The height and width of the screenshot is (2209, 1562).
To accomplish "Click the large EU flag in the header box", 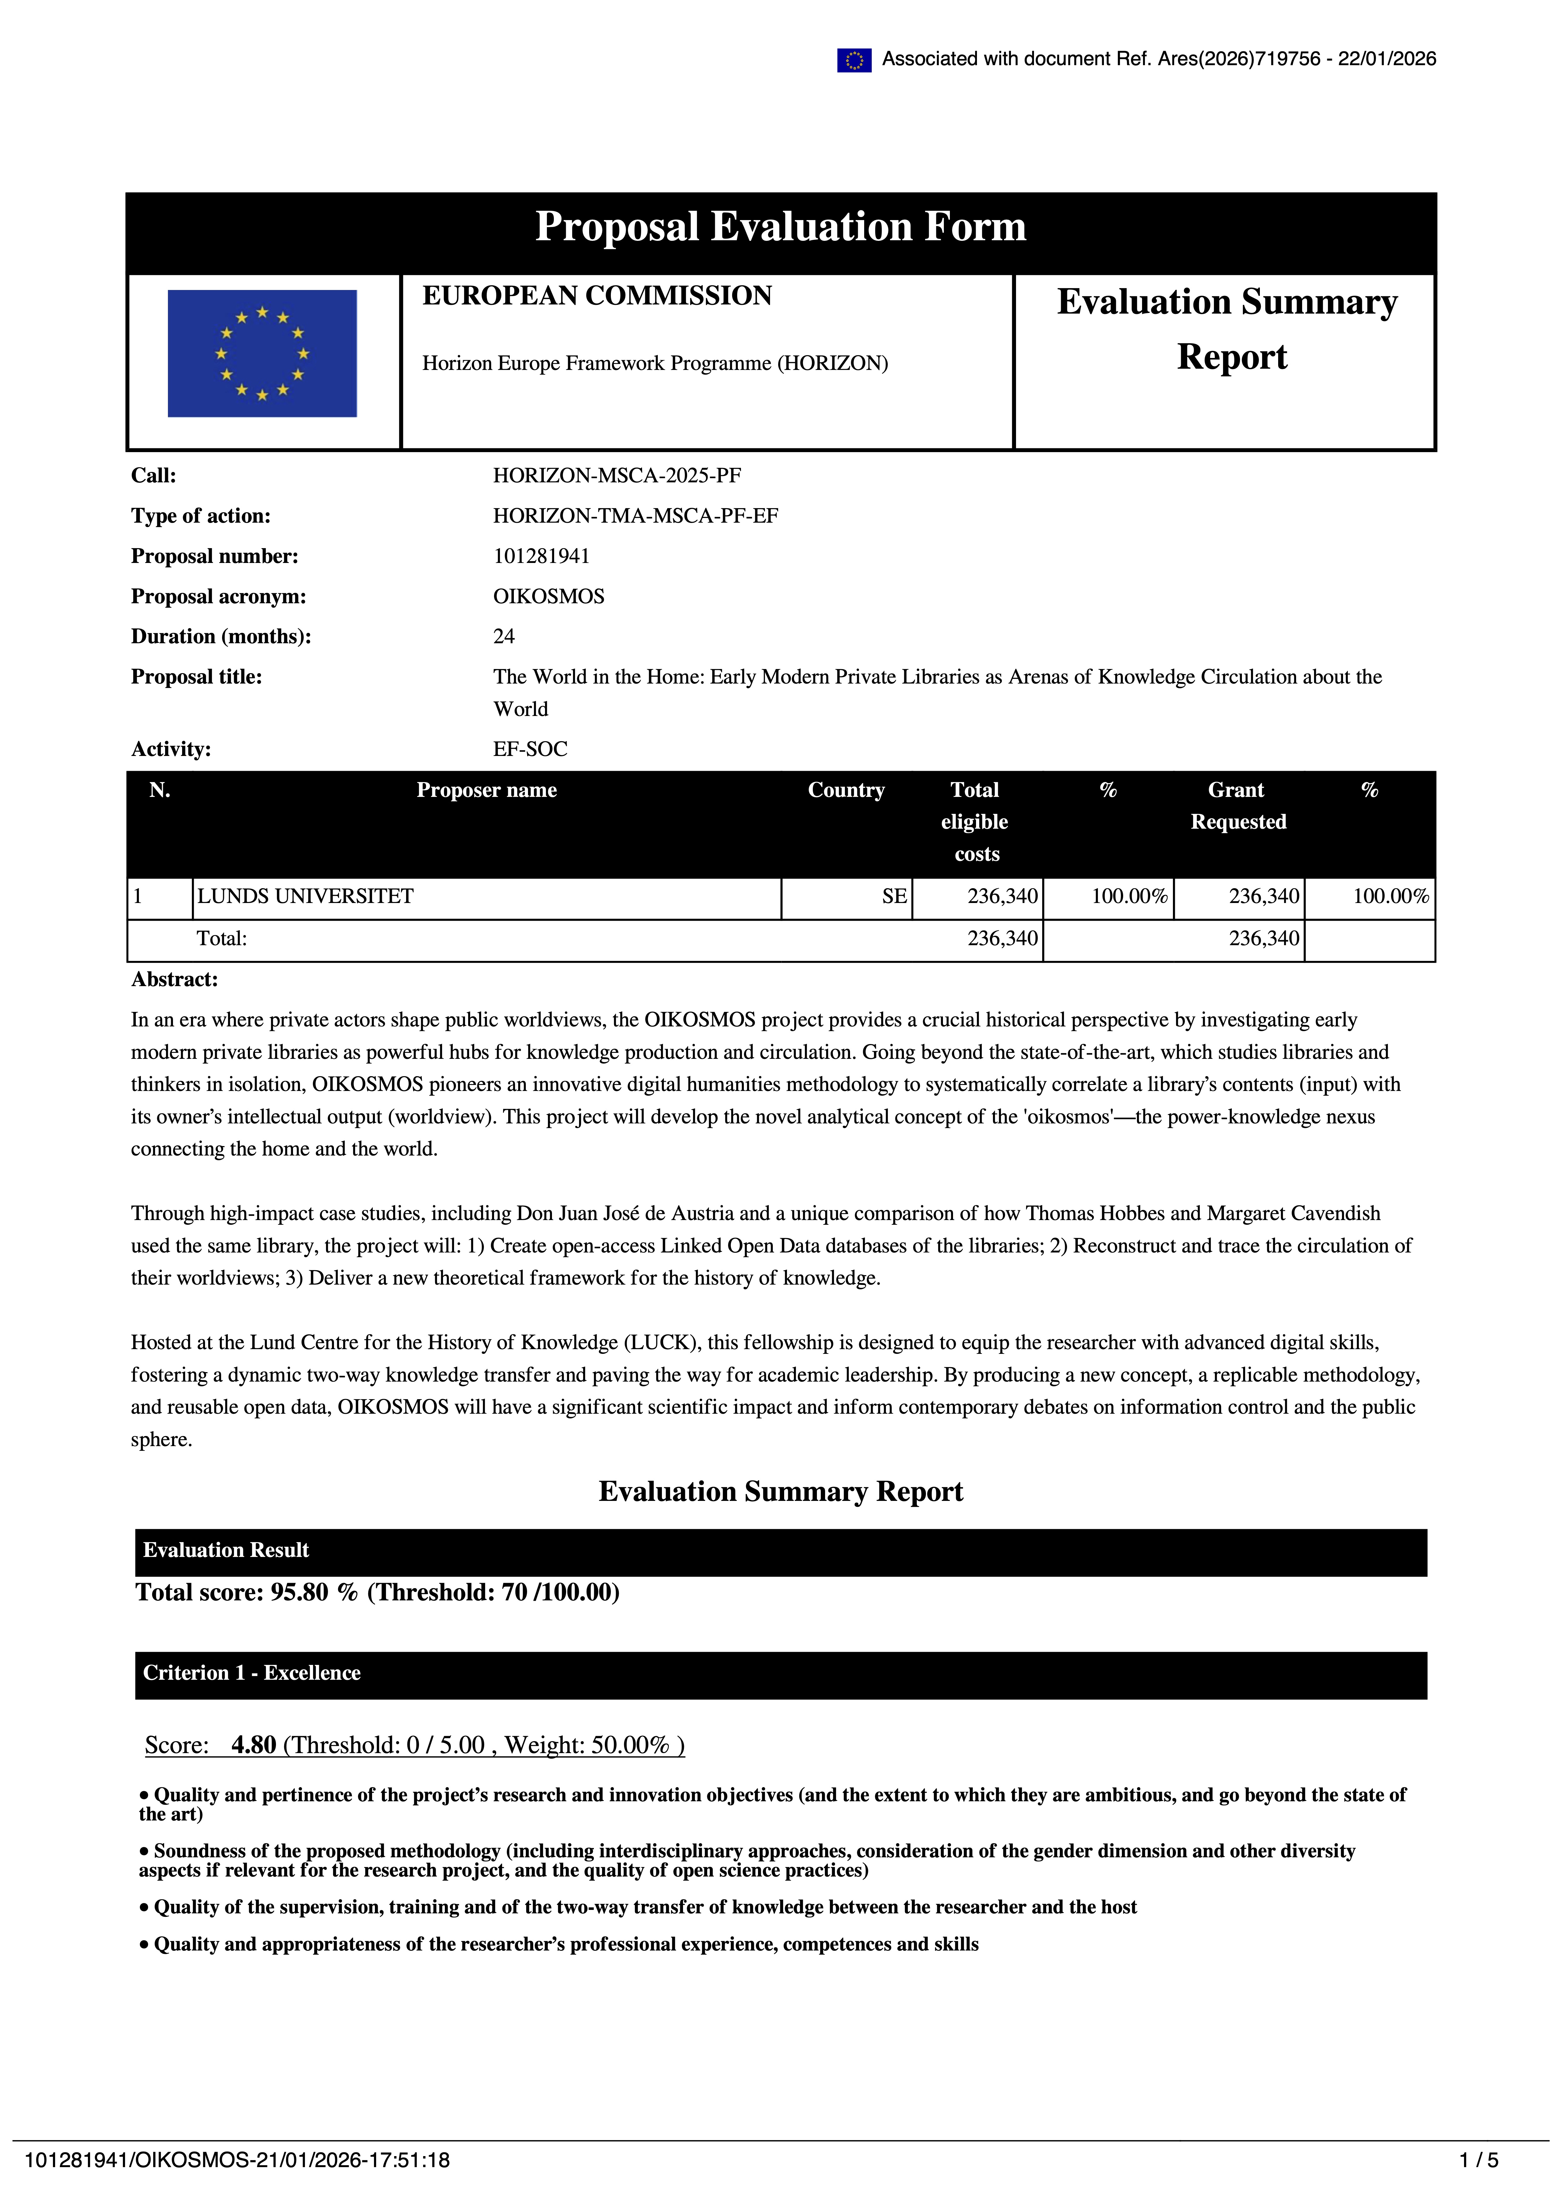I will click(262, 353).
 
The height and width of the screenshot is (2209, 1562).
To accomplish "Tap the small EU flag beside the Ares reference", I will click(854, 60).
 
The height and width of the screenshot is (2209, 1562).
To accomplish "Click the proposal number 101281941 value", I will click(541, 556).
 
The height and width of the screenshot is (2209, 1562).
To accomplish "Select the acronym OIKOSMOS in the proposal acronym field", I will click(548, 597).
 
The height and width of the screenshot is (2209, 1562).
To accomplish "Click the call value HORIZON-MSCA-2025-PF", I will click(617, 475).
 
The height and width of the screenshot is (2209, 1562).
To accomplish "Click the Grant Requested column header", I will click(1238, 806).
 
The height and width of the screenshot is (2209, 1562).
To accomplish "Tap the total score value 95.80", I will click(299, 1592).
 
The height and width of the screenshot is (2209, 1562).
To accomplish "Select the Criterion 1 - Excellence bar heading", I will click(252, 1673).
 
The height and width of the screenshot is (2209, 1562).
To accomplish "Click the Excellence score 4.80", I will click(254, 1745).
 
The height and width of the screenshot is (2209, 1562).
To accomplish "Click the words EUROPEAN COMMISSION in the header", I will click(597, 296).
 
